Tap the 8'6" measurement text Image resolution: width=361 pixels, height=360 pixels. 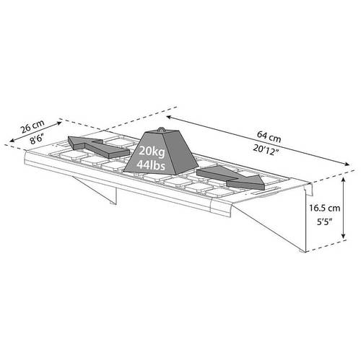click(37, 139)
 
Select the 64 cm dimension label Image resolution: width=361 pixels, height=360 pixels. click(269, 136)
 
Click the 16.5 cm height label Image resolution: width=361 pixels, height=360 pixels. click(325, 208)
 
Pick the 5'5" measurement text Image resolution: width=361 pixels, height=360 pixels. click(324, 221)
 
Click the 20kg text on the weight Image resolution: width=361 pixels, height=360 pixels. click(152, 152)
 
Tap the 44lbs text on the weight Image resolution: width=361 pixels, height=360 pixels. click(151, 165)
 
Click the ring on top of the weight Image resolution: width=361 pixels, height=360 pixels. click(161, 129)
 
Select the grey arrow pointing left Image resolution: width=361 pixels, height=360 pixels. click(97, 146)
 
